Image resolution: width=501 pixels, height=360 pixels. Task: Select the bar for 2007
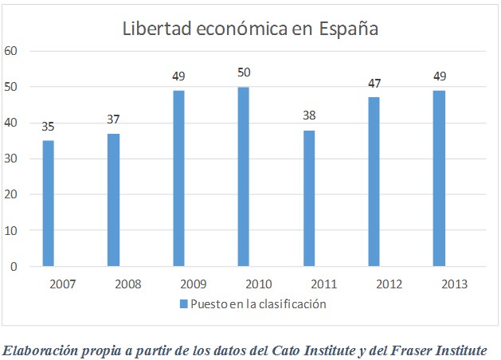click(49, 203)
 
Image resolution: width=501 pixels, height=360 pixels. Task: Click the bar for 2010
click(244, 176)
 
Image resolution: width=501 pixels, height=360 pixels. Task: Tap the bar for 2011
click(309, 198)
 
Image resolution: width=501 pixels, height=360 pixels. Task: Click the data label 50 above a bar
click(245, 73)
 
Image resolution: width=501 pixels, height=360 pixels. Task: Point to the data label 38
click(309, 116)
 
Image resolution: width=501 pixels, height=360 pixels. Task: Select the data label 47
click(374, 84)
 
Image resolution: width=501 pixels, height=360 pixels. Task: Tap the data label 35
click(49, 127)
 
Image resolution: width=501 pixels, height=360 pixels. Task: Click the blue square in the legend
click(183, 303)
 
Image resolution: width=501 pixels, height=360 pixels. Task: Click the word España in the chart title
click(347, 29)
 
